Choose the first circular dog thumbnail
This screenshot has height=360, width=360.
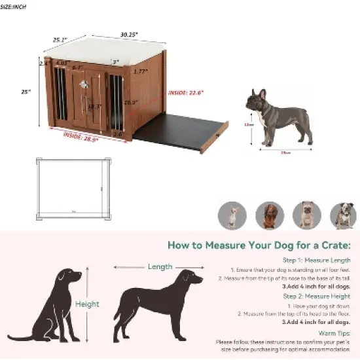pyautogui.click(x=232, y=215)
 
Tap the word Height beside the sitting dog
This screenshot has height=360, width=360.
pyautogui.click(x=86, y=304)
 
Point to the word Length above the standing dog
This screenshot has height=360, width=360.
pyautogui.click(x=160, y=266)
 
